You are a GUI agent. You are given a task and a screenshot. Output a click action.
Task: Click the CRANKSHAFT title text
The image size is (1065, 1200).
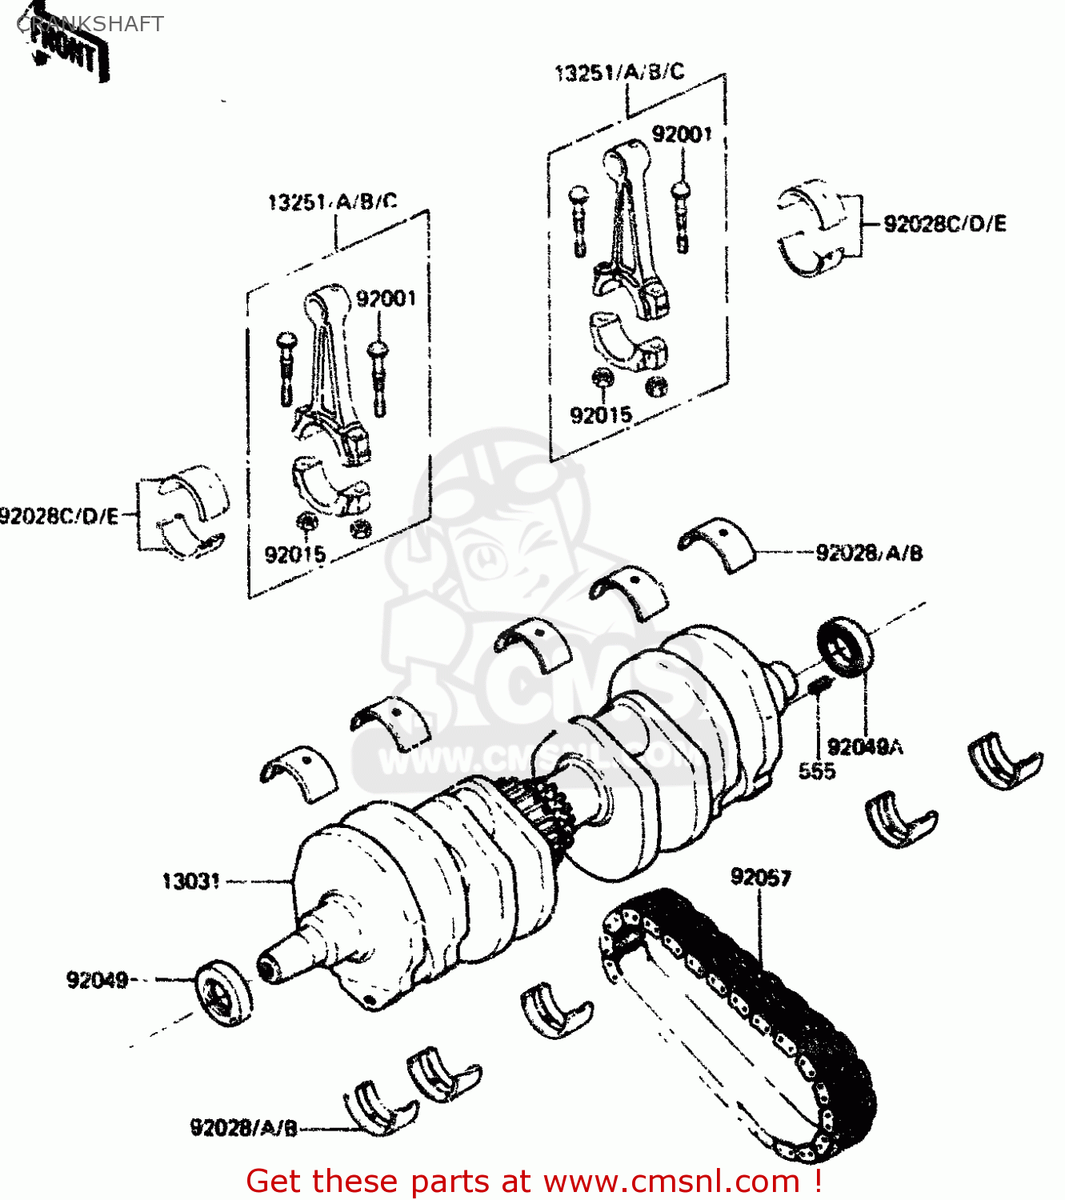[x=90, y=24]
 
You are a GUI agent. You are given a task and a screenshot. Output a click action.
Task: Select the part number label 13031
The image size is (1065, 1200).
[x=190, y=882]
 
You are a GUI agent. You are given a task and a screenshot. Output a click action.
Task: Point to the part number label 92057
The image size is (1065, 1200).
[x=760, y=878]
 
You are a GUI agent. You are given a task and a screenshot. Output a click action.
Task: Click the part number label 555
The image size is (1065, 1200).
[x=816, y=771]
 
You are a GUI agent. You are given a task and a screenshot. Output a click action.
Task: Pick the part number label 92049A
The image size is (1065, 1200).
[x=865, y=747]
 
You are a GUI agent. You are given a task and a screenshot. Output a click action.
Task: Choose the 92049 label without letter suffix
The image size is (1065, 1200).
[x=97, y=980]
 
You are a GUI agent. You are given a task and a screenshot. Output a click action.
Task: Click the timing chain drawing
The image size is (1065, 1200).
[x=736, y=1016]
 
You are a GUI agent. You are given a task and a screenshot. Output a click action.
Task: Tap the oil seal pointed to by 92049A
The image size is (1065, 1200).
[x=845, y=646]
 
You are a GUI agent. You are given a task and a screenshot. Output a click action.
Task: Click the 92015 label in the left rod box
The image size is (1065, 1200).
[x=294, y=554]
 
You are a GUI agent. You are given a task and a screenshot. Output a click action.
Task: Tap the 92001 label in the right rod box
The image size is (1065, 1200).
[x=681, y=134]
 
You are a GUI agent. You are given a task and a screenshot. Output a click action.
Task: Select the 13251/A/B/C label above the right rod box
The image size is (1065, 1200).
[x=619, y=73]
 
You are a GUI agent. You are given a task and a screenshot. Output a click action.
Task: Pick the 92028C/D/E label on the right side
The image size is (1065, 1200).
[x=944, y=224]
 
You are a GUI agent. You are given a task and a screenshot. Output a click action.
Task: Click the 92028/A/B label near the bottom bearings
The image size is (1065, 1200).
[x=243, y=1128]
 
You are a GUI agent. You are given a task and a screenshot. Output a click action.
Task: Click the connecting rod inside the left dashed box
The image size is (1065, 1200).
[x=332, y=376]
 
